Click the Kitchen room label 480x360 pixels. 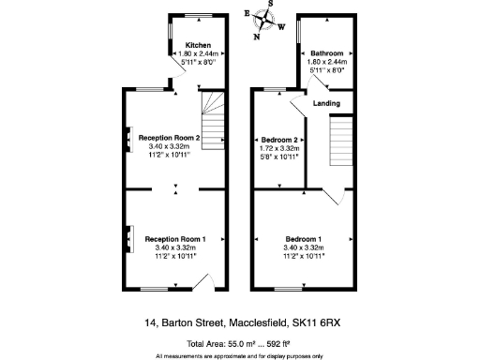[198, 45]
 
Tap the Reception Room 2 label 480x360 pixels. [170, 138]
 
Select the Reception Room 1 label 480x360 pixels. [175, 239]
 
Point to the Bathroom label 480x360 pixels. [327, 53]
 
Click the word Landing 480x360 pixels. [326, 103]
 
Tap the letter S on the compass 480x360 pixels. [271, 3]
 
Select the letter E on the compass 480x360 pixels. [247, 15]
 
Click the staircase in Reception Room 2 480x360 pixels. [216, 122]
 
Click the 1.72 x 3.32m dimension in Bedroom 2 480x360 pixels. [277, 147]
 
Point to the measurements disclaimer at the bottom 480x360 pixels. [239, 355]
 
